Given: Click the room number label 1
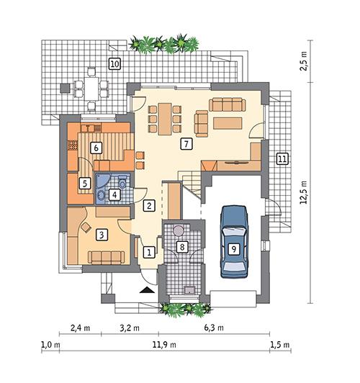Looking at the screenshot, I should [x=149, y=252].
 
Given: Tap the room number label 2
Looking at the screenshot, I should [x=149, y=206].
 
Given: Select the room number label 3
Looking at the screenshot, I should [x=102, y=233].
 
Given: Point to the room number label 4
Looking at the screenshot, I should [x=114, y=194].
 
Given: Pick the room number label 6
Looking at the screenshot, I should [x=94, y=148].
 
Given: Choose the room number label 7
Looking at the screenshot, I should [x=186, y=144].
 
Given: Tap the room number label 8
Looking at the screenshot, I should [x=182, y=248].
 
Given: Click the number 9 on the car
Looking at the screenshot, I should [x=233, y=248].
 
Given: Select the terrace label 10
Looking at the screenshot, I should [x=114, y=63].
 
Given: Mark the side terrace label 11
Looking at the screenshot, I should [x=282, y=158].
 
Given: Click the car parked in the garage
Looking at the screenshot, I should [x=233, y=241].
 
